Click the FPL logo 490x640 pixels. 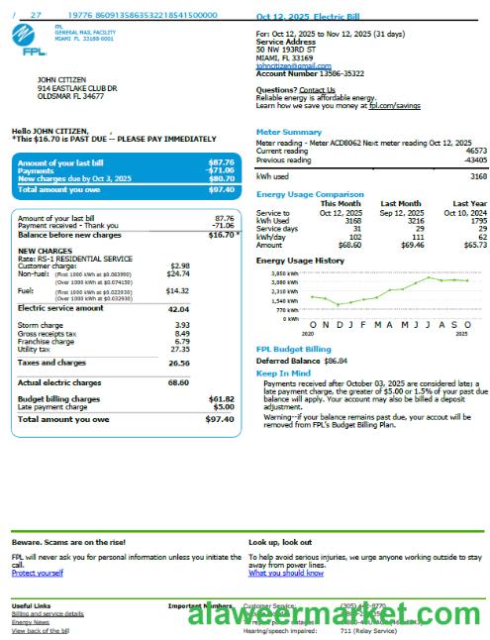click(x=29, y=38)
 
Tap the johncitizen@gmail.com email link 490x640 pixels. click(x=293, y=65)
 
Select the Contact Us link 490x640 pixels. click(x=317, y=90)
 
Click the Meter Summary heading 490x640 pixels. click(x=288, y=132)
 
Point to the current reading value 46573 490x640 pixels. click(x=476, y=151)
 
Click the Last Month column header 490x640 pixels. click(x=401, y=204)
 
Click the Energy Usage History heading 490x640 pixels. click(x=301, y=261)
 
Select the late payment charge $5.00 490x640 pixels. click(x=224, y=406)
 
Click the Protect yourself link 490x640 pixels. click(x=37, y=573)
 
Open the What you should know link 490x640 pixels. click(x=285, y=573)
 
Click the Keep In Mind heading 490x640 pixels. click(x=283, y=373)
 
